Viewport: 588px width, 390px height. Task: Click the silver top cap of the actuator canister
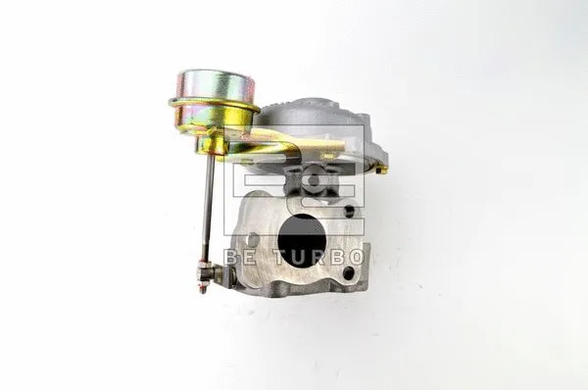(x=217, y=85)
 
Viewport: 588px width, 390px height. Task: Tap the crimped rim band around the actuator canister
(x=214, y=103)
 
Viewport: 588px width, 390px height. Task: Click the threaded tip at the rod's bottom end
(x=203, y=288)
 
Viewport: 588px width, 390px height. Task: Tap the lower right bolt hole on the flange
(x=348, y=273)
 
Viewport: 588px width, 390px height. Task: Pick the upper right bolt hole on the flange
(x=349, y=211)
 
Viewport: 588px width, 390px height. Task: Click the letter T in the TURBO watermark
(x=281, y=258)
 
